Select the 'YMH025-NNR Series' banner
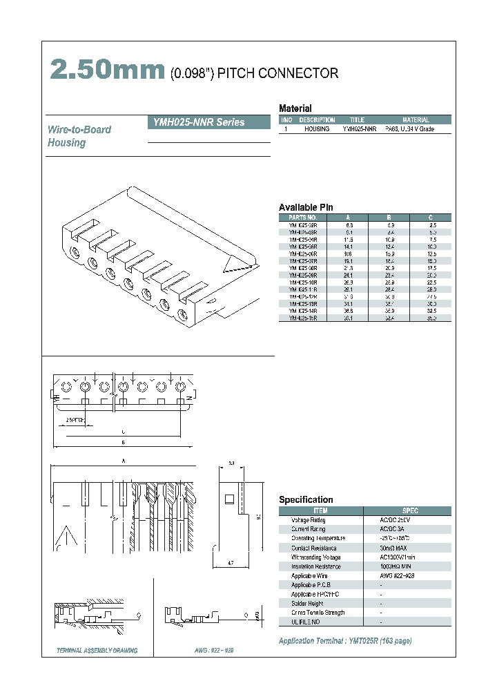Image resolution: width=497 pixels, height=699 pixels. (x=209, y=122)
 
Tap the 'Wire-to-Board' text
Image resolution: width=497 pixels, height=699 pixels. (x=79, y=130)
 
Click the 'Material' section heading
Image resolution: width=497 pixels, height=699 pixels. (x=295, y=108)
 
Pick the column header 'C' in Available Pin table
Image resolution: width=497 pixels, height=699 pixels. (x=431, y=217)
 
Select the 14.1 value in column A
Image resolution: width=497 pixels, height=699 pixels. (x=349, y=246)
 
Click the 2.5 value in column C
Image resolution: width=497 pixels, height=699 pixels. (x=431, y=224)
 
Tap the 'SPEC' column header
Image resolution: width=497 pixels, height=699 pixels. (x=410, y=510)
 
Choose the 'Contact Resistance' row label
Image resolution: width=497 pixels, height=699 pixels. (x=313, y=548)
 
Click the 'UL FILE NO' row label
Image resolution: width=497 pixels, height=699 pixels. (x=306, y=622)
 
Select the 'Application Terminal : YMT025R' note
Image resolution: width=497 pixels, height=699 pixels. (x=345, y=641)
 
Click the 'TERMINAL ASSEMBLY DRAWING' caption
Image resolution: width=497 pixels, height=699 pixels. (x=97, y=651)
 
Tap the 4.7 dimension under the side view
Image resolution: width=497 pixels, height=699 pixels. (x=231, y=564)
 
